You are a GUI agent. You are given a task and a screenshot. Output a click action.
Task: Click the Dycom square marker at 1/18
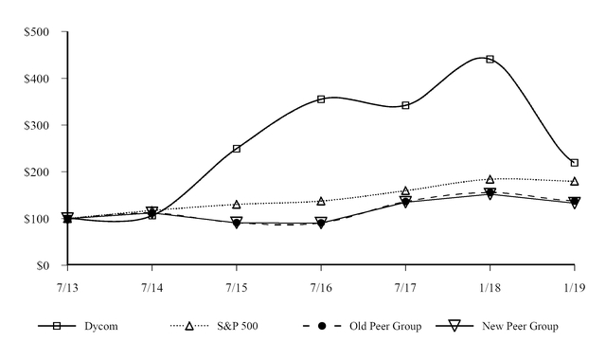pos(490,59)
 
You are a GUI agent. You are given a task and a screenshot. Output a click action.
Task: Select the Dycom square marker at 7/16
pos(321,99)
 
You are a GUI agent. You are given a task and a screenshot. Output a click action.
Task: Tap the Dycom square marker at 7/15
pos(237,149)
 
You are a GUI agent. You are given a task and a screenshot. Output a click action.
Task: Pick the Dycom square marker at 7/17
pos(405,105)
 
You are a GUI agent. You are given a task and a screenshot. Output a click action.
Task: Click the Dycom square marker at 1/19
pos(574,163)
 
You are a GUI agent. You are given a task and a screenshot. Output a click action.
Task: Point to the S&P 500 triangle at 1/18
pos(490,179)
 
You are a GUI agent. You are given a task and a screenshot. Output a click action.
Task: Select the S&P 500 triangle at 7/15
pos(237,205)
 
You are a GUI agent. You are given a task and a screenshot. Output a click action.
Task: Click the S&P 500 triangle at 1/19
pos(574,181)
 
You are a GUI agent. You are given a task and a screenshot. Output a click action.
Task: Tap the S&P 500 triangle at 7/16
pos(321,201)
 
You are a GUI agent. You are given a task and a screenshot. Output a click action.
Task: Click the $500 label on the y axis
pos(37,32)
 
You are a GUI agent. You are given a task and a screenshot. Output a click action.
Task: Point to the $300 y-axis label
pos(37,125)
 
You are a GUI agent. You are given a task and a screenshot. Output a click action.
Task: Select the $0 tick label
pos(43,266)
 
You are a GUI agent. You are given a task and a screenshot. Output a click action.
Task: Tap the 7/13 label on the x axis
pos(67,285)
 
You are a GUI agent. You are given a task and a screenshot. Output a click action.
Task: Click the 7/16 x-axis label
pos(321,285)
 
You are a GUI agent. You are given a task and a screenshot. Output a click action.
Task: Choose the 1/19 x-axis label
pos(574,285)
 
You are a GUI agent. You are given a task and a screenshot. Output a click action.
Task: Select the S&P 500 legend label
pos(237,327)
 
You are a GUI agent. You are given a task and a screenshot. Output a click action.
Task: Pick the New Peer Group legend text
pos(520,327)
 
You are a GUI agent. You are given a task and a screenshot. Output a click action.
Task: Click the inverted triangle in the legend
pos(454,326)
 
